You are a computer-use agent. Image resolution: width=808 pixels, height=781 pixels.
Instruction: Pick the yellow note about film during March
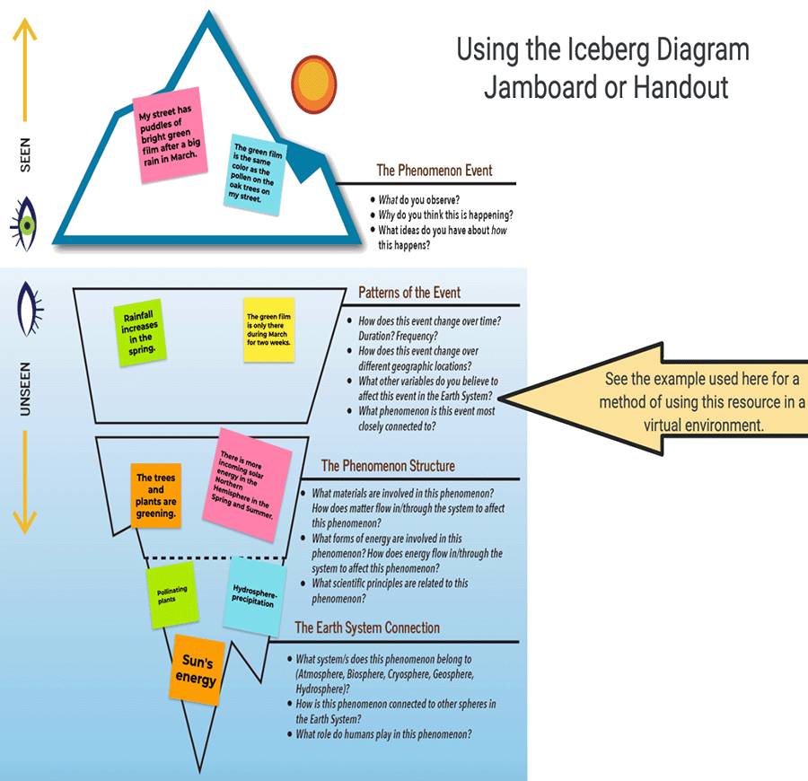pyautogui.click(x=268, y=329)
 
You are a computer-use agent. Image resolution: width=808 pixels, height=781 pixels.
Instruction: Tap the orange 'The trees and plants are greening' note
pyautogui.click(x=155, y=496)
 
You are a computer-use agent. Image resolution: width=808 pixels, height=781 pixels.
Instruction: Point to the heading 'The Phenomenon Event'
pyautogui.click(x=434, y=171)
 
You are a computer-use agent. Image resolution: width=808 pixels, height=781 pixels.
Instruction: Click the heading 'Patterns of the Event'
pyautogui.click(x=409, y=293)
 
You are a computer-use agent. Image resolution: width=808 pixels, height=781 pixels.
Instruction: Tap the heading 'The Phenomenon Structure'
pyautogui.click(x=388, y=466)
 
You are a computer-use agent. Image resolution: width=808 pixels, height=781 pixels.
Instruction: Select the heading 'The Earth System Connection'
pyautogui.click(x=367, y=627)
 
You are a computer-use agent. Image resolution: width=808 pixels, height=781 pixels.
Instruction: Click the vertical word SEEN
pyautogui.click(x=25, y=154)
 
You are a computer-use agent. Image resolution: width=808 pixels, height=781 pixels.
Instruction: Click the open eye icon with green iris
pyautogui.click(x=27, y=224)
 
